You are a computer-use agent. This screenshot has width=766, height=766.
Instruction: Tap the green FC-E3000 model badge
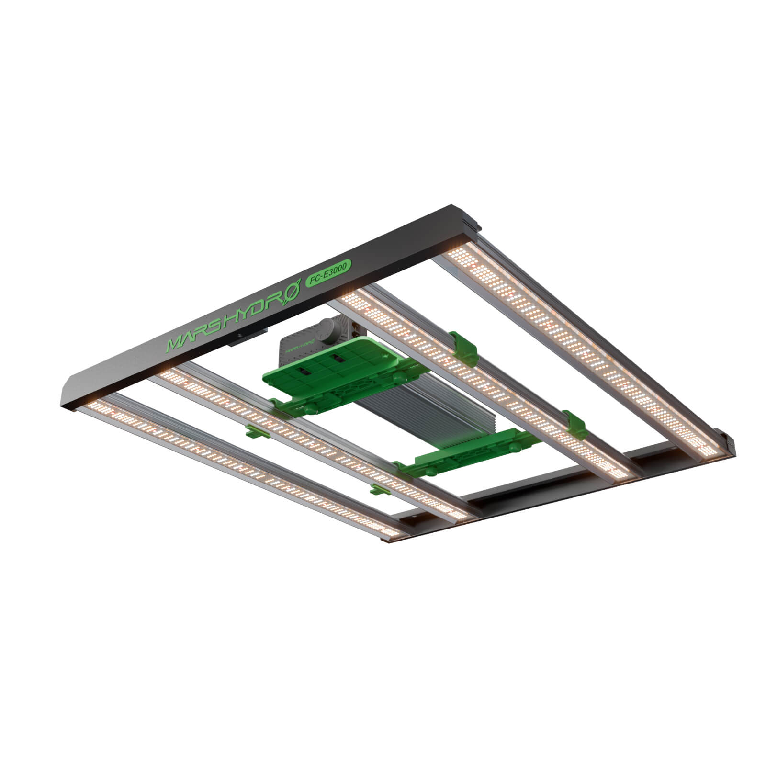pos(328,273)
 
